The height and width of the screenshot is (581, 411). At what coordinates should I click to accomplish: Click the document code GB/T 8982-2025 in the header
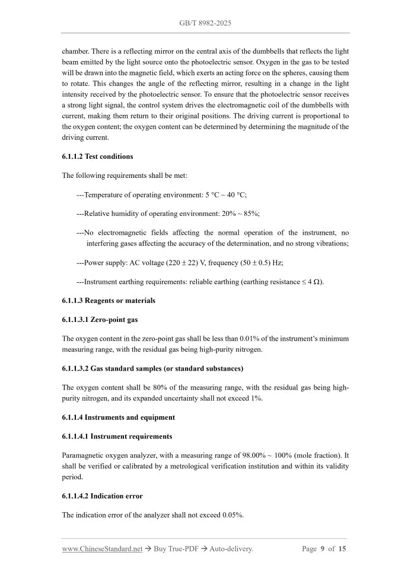pos(205,23)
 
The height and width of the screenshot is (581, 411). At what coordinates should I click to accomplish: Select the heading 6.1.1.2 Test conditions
pos(97,157)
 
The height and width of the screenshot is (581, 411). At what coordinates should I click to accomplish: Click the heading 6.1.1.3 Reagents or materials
pos(109,301)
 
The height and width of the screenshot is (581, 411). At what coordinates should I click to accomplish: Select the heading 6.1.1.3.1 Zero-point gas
pos(100,320)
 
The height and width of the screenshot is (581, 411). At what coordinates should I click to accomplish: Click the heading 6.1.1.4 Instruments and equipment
pos(118,417)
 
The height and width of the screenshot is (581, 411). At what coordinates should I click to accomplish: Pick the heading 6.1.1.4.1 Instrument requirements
pos(117,436)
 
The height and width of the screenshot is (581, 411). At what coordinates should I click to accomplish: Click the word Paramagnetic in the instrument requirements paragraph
pos(83,455)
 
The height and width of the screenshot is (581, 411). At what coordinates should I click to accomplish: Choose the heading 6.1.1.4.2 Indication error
pos(102,496)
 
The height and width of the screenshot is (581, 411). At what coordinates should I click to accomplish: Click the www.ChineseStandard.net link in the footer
pos(102,549)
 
